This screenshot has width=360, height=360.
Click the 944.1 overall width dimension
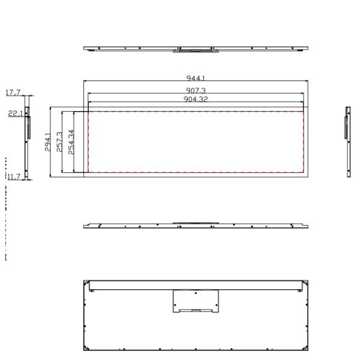(196, 79)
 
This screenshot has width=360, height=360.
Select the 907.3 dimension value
(196, 90)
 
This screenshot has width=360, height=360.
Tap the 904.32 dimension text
(196, 99)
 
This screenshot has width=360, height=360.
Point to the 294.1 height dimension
(47, 142)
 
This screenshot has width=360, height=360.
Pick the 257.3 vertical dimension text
(59, 142)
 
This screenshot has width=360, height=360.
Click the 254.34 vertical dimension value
(71, 142)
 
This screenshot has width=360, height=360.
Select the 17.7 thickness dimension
(13, 92)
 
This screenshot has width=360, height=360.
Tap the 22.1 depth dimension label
(14, 113)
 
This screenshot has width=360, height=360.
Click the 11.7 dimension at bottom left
(14, 176)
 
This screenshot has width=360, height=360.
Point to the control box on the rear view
(196, 301)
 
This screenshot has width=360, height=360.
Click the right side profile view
(347, 142)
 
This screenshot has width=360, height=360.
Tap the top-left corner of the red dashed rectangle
(89, 112)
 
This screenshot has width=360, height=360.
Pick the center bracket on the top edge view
(196, 50)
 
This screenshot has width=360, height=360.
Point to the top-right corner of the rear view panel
(308, 280)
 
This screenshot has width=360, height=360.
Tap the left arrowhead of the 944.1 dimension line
(85, 81)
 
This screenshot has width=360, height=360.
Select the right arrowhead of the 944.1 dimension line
(308, 81)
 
